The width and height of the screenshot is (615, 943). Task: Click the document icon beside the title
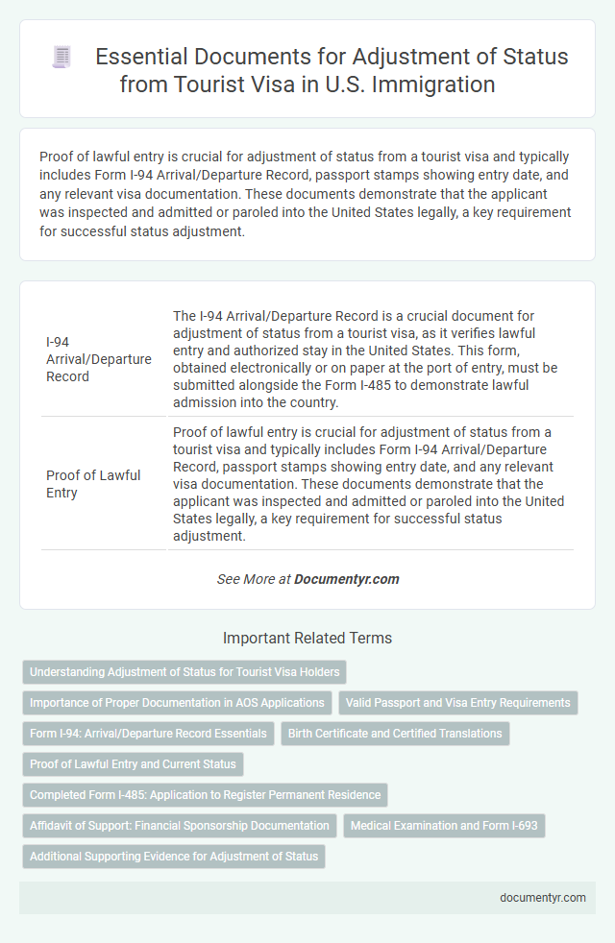point(61,58)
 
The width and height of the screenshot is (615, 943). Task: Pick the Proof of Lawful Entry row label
point(92,483)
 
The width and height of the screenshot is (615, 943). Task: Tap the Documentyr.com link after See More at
point(346,579)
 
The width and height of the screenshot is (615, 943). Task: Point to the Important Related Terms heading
point(307,638)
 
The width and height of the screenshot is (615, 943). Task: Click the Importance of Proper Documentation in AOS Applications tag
point(177,702)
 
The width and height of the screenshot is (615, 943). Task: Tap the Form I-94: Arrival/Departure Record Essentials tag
point(148,733)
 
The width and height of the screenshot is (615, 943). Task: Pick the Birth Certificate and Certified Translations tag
point(395,733)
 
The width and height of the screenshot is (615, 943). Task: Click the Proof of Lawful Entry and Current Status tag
point(133,764)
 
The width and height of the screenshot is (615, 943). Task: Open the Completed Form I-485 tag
point(205,795)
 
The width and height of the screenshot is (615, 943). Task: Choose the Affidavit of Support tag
point(179,826)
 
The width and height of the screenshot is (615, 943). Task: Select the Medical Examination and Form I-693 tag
point(444,826)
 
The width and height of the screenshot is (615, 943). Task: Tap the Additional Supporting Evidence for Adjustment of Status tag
point(174,857)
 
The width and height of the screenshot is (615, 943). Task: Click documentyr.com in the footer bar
point(544,898)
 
